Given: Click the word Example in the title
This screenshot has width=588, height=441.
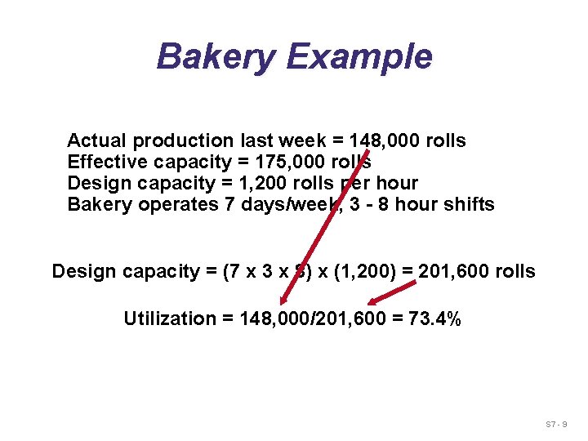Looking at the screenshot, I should (359, 57).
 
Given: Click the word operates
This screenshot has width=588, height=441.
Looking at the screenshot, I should (178, 204).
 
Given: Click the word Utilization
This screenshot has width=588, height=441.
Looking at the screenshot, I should (169, 318).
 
